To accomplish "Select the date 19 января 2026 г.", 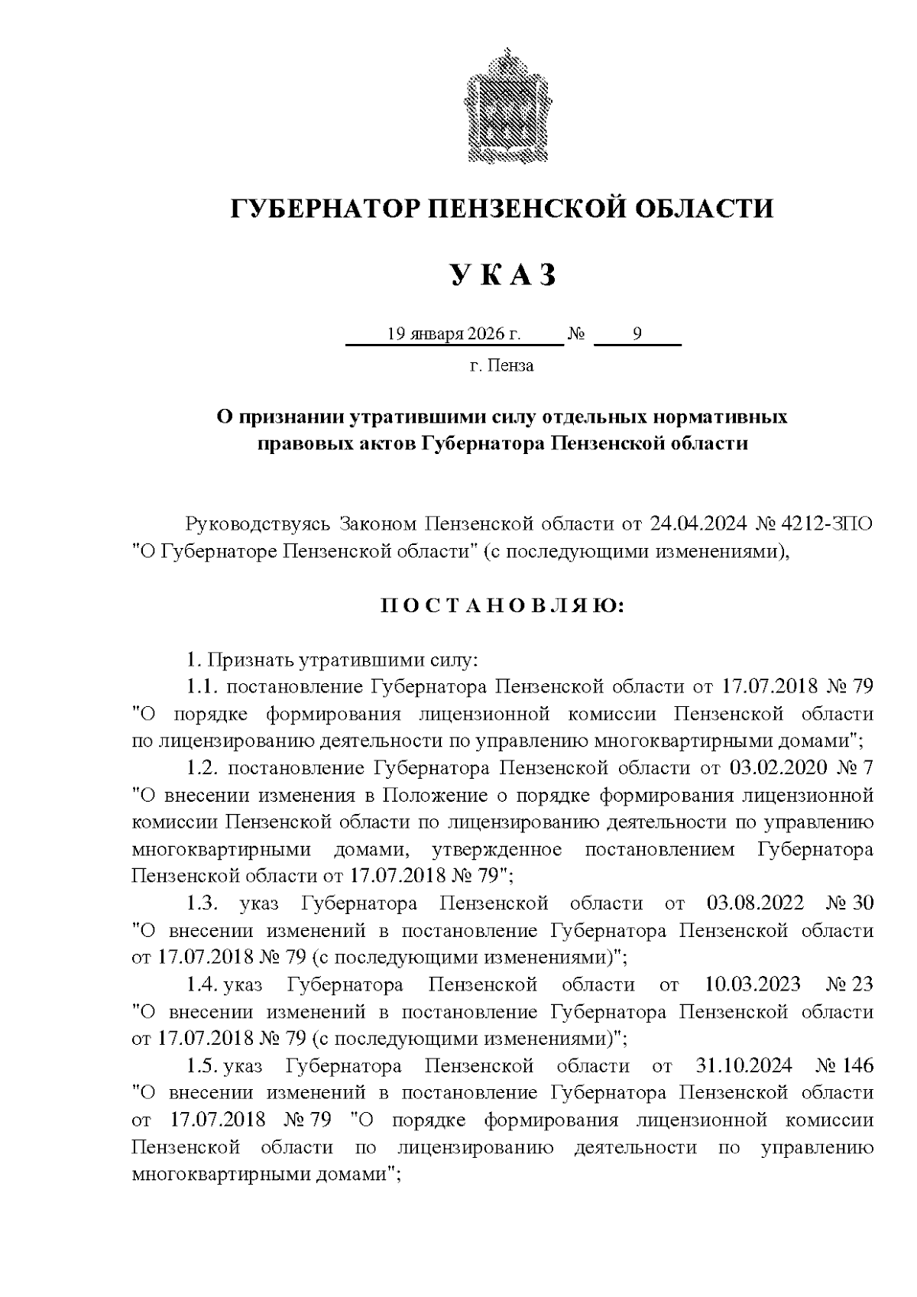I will tap(453, 334).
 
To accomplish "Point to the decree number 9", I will tap(637, 334).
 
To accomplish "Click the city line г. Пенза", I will tap(501, 366).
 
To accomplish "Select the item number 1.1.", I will tap(203, 687).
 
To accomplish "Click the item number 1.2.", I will tap(203, 768).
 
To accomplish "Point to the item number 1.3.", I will tap(203, 903).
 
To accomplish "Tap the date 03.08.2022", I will tap(755, 903).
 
